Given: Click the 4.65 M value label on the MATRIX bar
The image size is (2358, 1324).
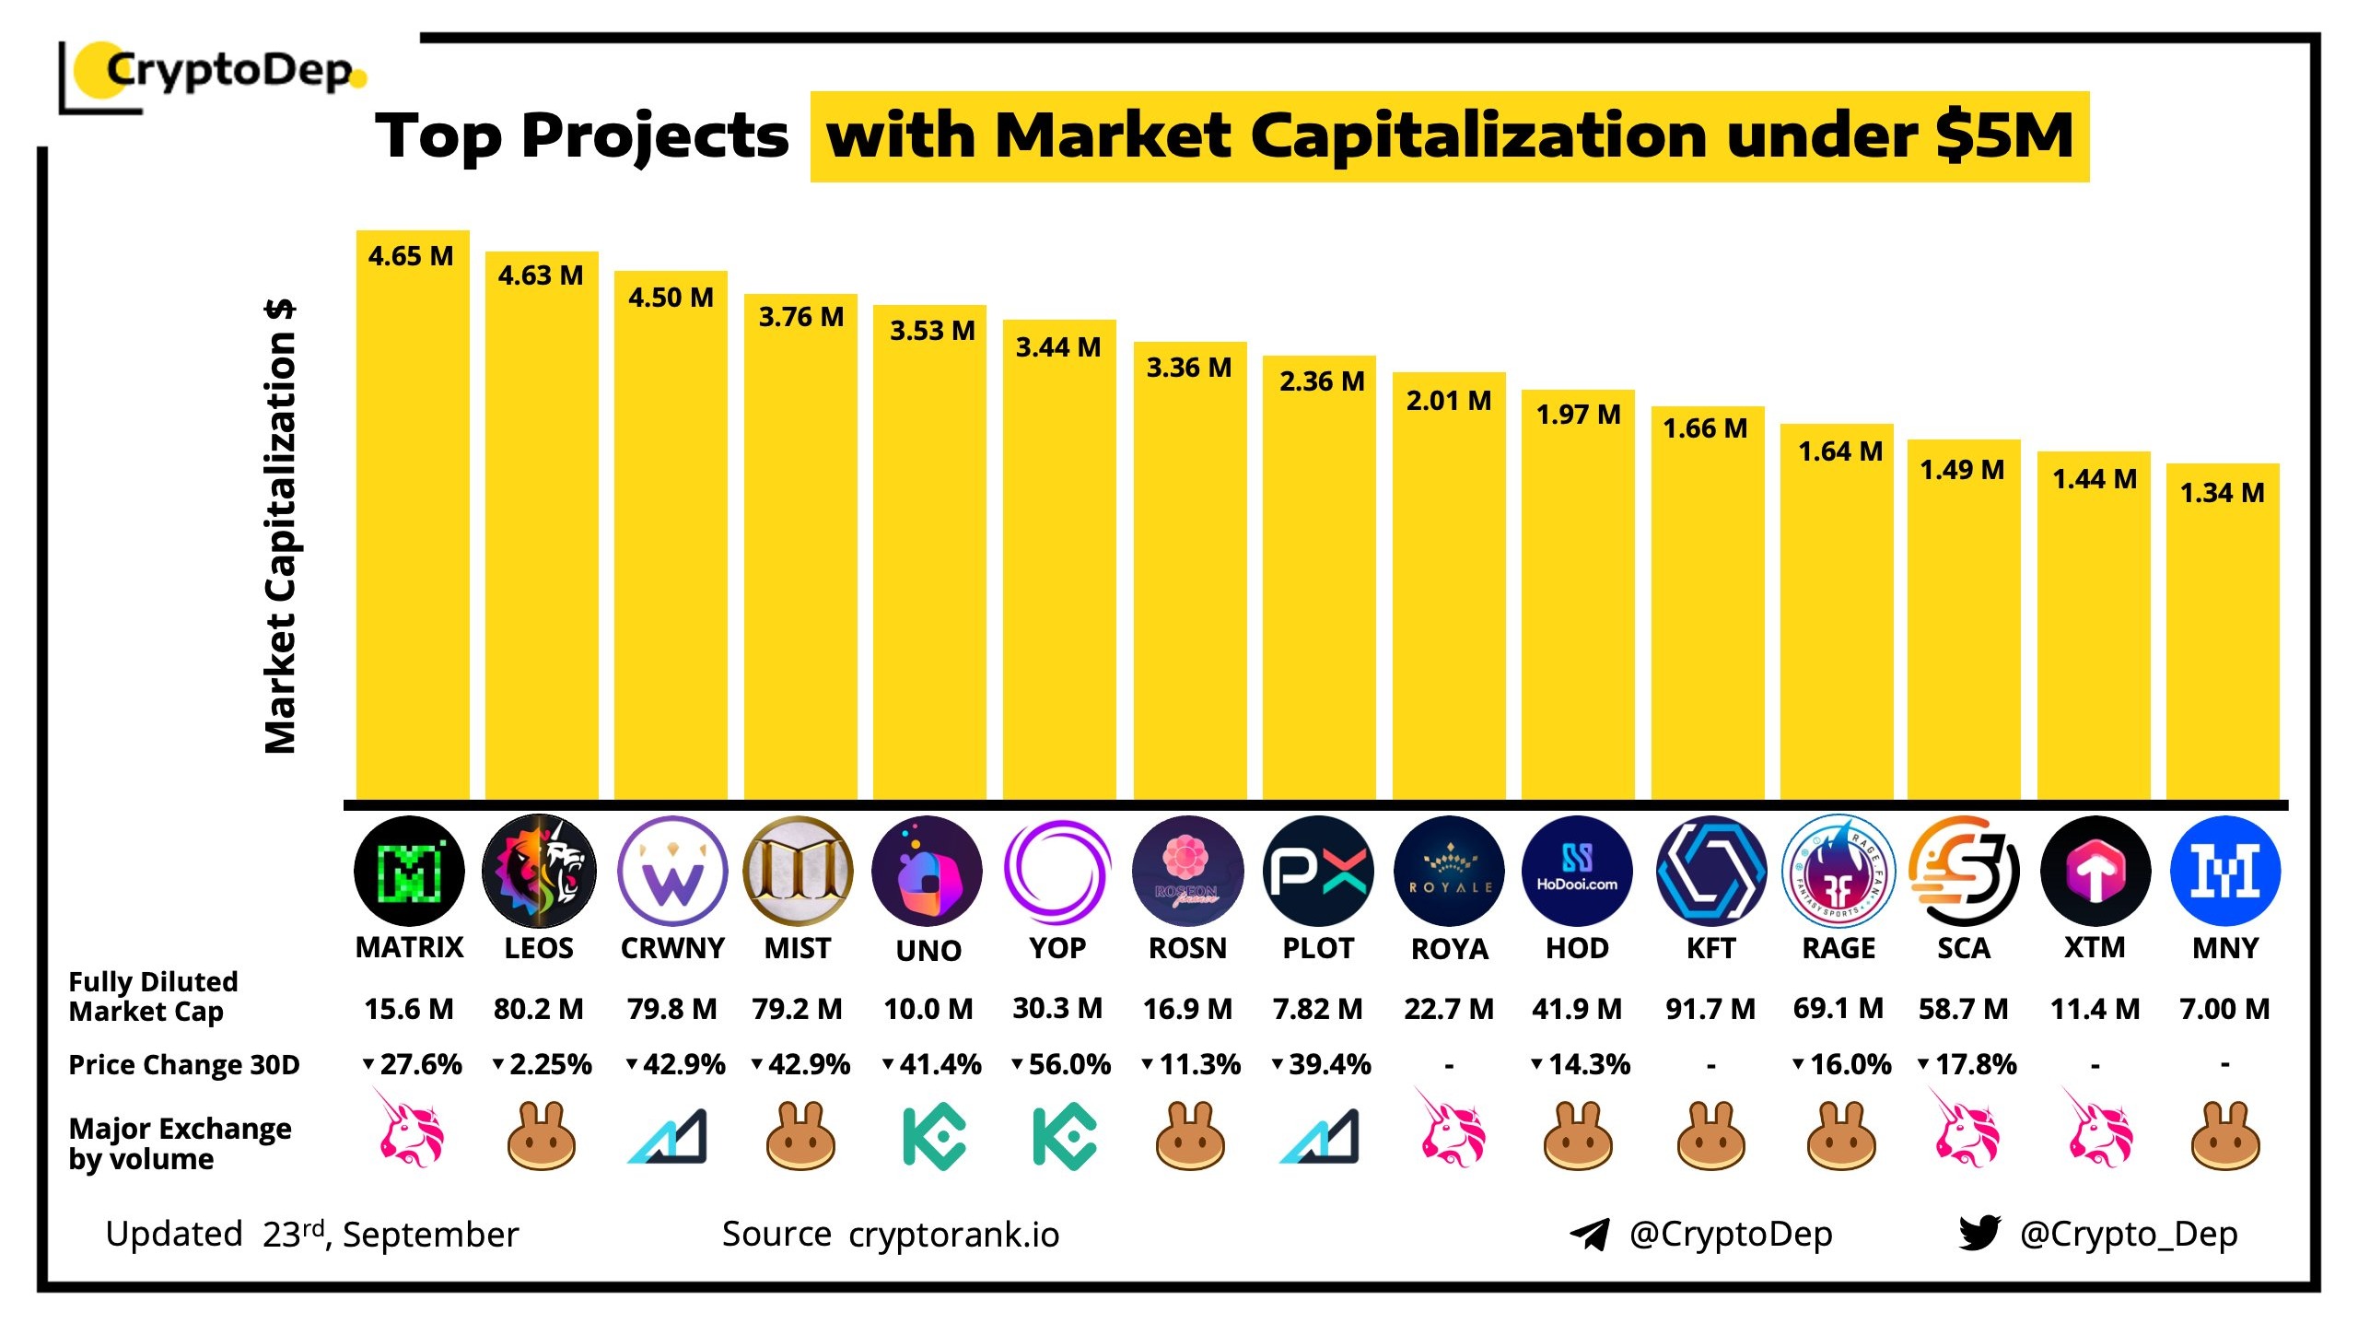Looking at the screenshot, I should pyautogui.click(x=411, y=256).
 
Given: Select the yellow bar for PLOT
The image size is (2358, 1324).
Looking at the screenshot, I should pyautogui.click(x=1318, y=590).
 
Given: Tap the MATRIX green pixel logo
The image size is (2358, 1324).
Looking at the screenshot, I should pyautogui.click(x=409, y=872).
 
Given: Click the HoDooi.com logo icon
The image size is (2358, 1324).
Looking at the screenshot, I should pyautogui.click(x=1577, y=871).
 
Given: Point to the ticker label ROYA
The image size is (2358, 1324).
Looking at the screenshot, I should pyautogui.click(x=1449, y=949).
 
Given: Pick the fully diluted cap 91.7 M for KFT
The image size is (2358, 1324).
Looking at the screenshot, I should pyautogui.click(x=1710, y=1009).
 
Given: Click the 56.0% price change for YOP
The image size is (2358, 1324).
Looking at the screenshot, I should pyautogui.click(x=1061, y=1065).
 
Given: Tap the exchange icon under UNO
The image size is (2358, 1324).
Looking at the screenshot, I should pyautogui.click(x=933, y=1137).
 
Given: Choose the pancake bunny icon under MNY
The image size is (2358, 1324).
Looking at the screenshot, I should pyautogui.click(x=2224, y=1137).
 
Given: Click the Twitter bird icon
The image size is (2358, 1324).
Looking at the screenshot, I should pyautogui.click(x=1979, y=1233).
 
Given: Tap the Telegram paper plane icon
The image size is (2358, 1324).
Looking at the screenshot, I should pyautogui.click(x=1590, y=1234).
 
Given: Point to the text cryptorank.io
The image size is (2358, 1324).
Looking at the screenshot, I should pyautogui.click(x=953, y=1235).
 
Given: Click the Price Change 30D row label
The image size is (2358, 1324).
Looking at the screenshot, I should pyautogui.click(x=184, y=1065).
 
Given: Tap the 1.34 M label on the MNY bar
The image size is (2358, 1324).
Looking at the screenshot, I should pyautogui.click(x=2222, y=493).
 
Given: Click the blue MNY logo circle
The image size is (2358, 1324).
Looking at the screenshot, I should pyautogui.click(x=2224, y=872).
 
